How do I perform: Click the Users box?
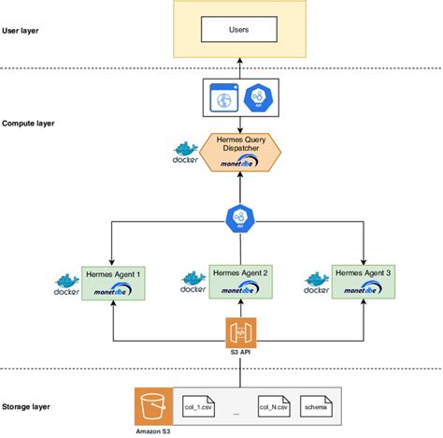point(239,31)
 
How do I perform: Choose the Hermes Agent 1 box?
point(113,282)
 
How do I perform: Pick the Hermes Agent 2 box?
point(240,280)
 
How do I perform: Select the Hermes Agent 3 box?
point(364,282)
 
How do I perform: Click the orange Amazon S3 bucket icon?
point(152,405)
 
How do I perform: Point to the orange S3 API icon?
point(239,331)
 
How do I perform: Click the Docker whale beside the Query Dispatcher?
point(186,151)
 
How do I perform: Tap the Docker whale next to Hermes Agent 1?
point(66,283)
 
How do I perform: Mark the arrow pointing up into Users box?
point(239,66)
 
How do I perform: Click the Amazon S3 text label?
point(152,430)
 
